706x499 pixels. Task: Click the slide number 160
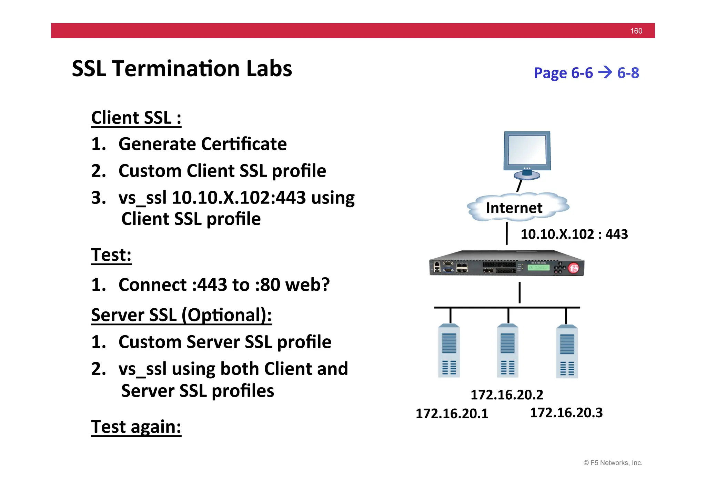(x=636, y=31)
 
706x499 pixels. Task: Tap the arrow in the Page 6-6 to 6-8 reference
(x=605, y=72)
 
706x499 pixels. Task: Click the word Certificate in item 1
(x=244, y=144)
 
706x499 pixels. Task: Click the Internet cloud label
(x=514, y=208)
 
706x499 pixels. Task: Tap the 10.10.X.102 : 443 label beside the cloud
(x=574, y=234)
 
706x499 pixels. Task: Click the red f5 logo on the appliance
(x=574, y=268)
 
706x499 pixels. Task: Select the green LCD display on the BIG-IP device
(x=538, y=267)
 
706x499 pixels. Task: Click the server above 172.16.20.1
(x=449, y=350)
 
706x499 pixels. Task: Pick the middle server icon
(x=507, y=350)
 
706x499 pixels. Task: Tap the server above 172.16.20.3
(x=567, y=351)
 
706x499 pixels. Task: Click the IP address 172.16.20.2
(x=507, y=395)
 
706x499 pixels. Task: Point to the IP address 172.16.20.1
(x=452, y=413)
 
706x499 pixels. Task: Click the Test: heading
(x=111, y=255)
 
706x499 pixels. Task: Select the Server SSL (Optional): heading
(x=181, y=315)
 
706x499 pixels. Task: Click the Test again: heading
(x=136, y=427)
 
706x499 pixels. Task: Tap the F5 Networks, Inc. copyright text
(x=613, y=463)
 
